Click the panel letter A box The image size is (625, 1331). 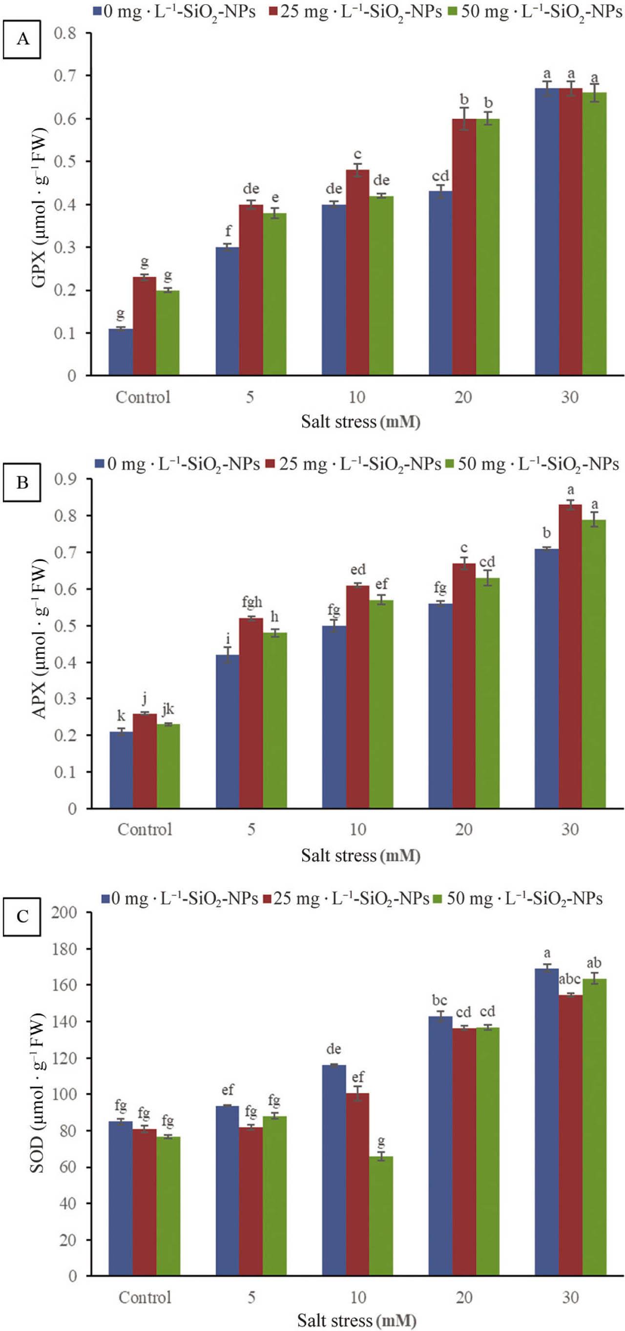point(22,39)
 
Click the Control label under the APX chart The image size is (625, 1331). point(144,829)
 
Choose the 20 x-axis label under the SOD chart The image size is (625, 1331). point(464,1297)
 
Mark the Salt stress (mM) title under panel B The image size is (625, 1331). point(360,855)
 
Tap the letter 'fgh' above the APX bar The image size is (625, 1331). point(252,602)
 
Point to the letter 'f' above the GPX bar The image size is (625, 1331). point(228,230)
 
